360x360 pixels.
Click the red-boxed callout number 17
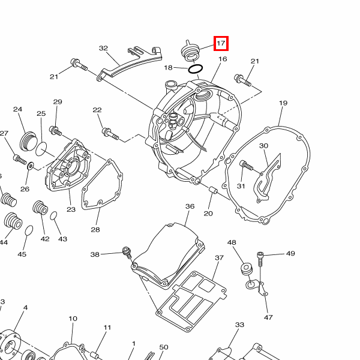pyautogui.click(x=221, y=43)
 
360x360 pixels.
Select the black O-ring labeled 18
pyautogui.click(x=196, y=68)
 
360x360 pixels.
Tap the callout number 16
pyautogui.click(x=223, y=59)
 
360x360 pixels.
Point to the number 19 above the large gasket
pyautogui.click(x=283, y=103)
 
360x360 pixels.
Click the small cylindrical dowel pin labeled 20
pyautogui.click(x=213, y=190)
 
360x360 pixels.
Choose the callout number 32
pyautogui.click(x=103, y=48)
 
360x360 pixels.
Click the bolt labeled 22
pyautogui.click(x=110, y=134)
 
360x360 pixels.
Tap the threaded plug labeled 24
pyautogui.click(x=28, y=141)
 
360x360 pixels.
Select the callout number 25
pyautogui.click(x=41, y=113)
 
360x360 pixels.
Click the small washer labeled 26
pyautogui.click(x=31, y=166)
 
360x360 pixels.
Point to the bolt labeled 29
pyautogui.click(x=55, y=131)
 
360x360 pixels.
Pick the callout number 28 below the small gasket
pyautogui.click(x=95, y=230)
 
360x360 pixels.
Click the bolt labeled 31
pyautogui.click(x=246, y=165)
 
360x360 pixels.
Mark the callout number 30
pyautogui.click(x=263, y=146)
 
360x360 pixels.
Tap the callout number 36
pyautogui.click(x=190, y=206)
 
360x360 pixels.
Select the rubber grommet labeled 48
pyautogui.click(x=247, y=268)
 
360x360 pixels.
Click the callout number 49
pyautogui.click(x=290, y=253)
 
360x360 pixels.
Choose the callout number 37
pyautogui.click(x=219, y=258)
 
